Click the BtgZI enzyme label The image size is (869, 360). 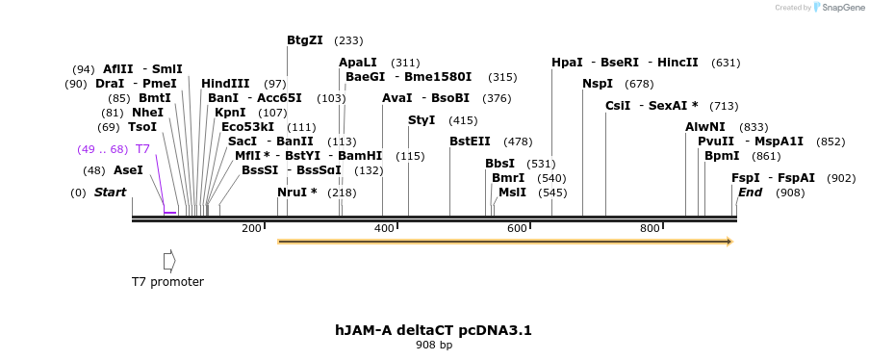(x=305, y=40)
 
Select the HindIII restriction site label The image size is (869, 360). (x=225, y=84)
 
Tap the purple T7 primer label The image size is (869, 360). (x=142, y=149)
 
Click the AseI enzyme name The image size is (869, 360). (x=128, y=170)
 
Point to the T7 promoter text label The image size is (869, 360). (x=167, y=282)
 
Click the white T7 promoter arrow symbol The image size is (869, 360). (x=169, y=260)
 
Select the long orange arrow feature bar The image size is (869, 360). (x=504, y=241)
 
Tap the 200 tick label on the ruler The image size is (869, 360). (x=251, y=228)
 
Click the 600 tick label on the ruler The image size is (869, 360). (x=517, y=228)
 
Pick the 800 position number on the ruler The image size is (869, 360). (x=650, y=228)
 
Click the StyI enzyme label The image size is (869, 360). (x=422, y=120)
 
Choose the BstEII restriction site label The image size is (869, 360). (x=470, y=141)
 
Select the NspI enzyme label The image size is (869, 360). (x=597, y=84)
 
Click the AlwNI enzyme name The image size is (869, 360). (x=705, y=127)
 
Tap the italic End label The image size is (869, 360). (x=750, y=193)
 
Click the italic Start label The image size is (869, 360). (x=110, y=193)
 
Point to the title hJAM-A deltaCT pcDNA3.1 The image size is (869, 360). (x=433, y=330)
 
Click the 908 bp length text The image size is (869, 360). (x=433, y=345)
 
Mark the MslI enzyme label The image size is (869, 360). (x=512, y=193)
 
